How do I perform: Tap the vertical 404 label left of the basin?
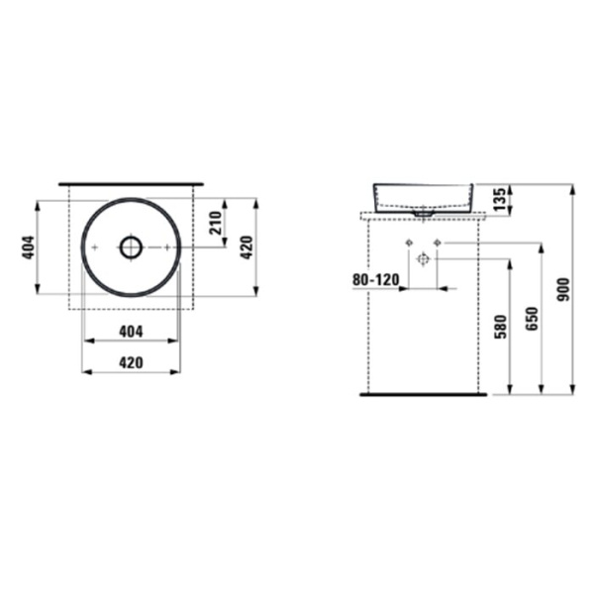[29, 247]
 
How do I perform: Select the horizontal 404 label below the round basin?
[132, 329]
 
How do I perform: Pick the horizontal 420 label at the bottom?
[132, 362]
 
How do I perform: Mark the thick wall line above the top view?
[132, 184]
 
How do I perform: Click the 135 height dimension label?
[500, 198]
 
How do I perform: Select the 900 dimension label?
[565, 287]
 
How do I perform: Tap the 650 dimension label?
[532, 317]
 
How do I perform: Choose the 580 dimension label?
[500, 324]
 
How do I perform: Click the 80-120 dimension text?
[376, 280]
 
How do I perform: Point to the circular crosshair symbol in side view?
[423, 259]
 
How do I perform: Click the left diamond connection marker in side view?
[408, 243]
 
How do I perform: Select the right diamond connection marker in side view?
[437, 243]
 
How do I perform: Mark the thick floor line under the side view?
[423, 393]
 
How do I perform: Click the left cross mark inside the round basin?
[93, 247]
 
